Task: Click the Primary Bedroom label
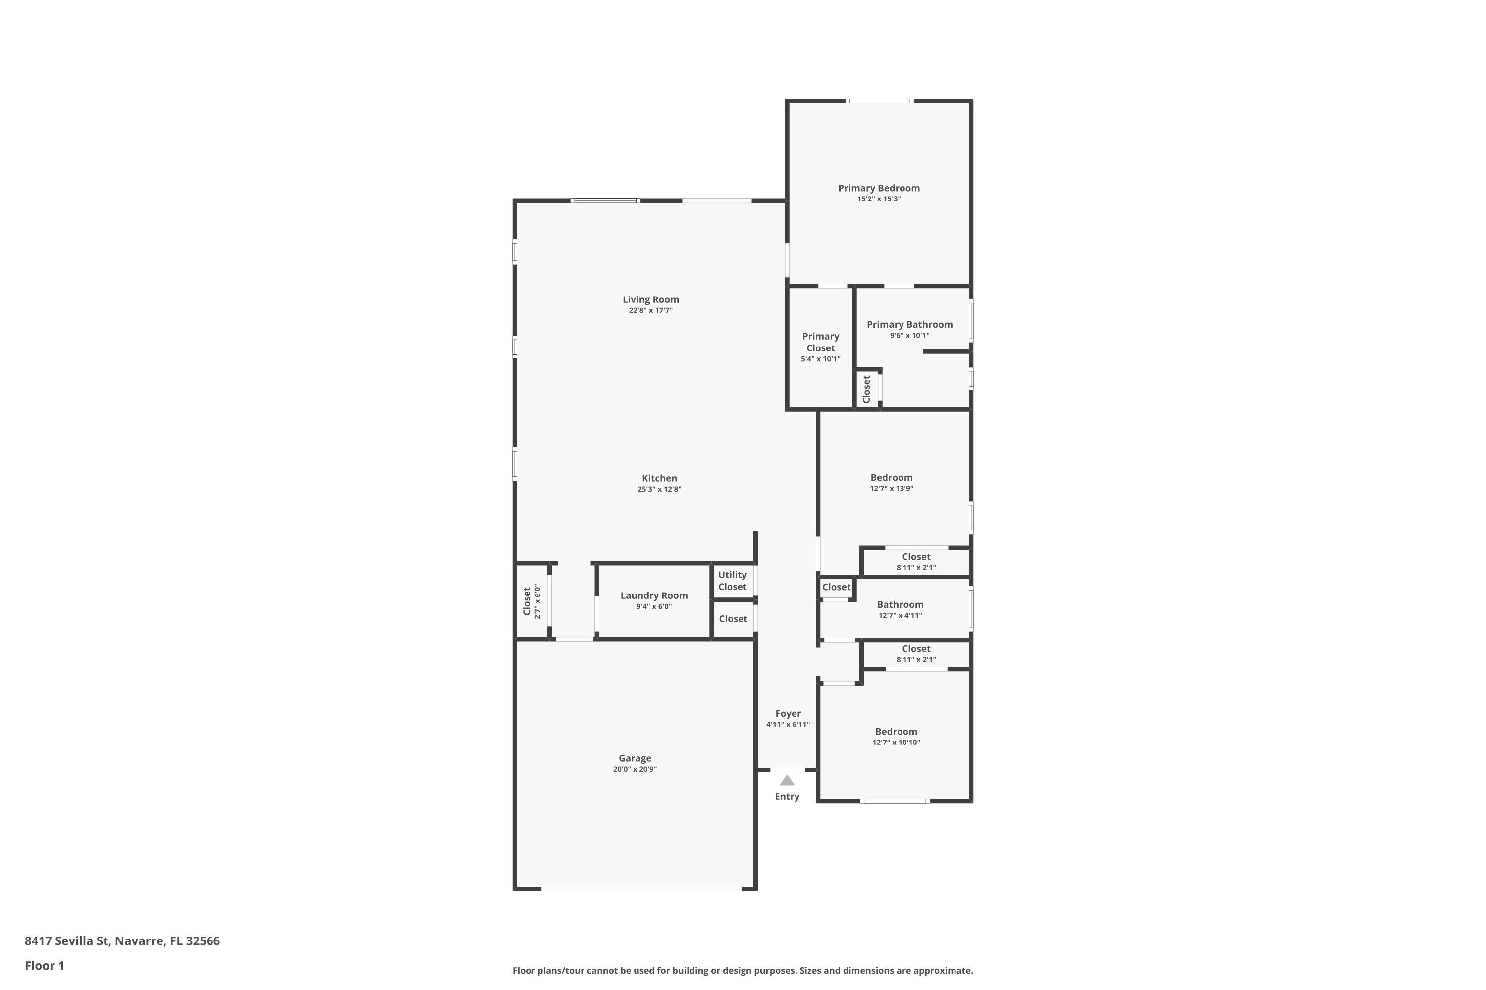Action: pos(878,188)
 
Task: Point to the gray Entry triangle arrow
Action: pos(787,781)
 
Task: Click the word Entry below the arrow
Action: pos(787,797)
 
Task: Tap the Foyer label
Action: pos(788,713)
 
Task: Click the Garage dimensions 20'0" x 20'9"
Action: pos(635,770)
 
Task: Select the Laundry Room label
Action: pos(653,595)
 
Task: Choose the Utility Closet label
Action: pos(732,581)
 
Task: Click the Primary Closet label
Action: pos(820,342)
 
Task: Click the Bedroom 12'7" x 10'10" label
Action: pos(896,732)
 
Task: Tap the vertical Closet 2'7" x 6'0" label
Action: pos(527,601)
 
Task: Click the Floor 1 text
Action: pos(44,965)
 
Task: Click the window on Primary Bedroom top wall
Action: pos(880,101)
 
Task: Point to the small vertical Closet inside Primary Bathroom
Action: pos(866,389)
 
